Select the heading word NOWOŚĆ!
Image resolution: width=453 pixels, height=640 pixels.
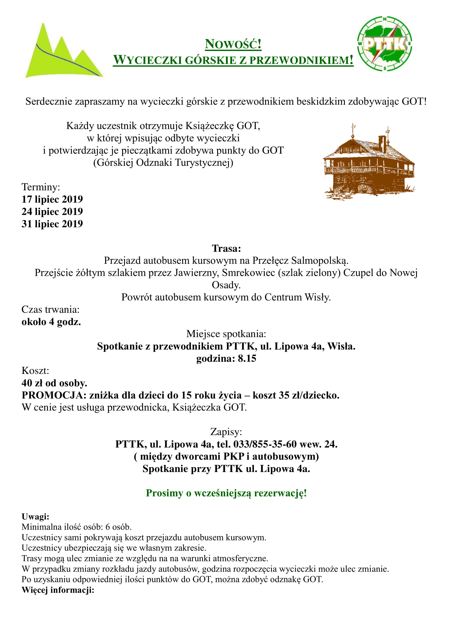[233, 44]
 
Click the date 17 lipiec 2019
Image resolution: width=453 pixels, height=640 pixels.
[52, 199]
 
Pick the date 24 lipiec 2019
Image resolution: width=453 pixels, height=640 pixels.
[52, 211]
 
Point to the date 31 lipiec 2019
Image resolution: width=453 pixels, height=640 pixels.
[52, 224]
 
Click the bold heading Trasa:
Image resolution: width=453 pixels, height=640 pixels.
[226, 248]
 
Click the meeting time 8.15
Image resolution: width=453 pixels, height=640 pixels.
[247, 358]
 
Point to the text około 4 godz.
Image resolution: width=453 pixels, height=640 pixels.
[51, 322]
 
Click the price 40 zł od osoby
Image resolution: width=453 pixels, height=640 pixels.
[55, 383]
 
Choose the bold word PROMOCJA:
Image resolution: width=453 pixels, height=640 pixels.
[54, 395]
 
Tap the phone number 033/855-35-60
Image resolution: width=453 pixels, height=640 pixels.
[265, 444]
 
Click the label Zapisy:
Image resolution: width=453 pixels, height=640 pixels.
[226, 432]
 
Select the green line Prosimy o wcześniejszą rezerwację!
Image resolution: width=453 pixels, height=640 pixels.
[226, 493]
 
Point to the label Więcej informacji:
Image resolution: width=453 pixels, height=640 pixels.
[58, 590]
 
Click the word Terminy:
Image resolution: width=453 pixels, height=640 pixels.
[41, 187]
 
